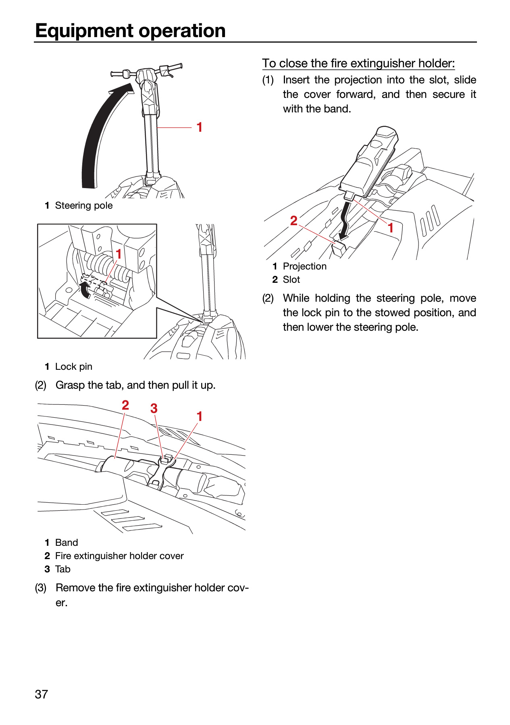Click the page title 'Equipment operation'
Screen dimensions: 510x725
pyautogui.click(x=130, y=31)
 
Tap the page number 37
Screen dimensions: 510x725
pyautogui.click(x=42, y=694)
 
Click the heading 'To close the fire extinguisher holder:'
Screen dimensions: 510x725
pyautogui.click(x=358, y=64)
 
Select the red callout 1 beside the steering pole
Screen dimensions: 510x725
pyautogui.click(x=199, y=127)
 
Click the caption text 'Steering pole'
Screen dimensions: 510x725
pyautogui.click(x=84, y=205)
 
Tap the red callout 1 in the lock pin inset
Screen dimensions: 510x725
pyautogui.click(x=119, y=254)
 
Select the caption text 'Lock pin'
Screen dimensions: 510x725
pyautogui.click(x=74, y=367)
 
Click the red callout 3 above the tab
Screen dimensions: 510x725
pyautogui.click(x=154, y=408)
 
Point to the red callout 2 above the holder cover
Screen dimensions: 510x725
pyautogui.click(x=125, y=405)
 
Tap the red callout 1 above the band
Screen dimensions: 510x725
pyautogui.click(x=199, y=416)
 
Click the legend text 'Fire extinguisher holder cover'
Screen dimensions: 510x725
pyautogui.click(x=119, y=556)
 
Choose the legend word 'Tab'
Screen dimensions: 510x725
pyautogui.click(x=63, y=569)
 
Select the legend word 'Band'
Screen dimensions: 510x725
pyautogui.click(x=67, y=543)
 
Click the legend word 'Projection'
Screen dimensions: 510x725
pyautogui.click(x=305, y=266)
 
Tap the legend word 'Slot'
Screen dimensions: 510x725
pyautogui.click(x=291, y=280)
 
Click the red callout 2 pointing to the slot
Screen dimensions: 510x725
pyautogui.click(x=294, y=221)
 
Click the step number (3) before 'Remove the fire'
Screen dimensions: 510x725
pyautogui.click(x=41, y=588)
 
